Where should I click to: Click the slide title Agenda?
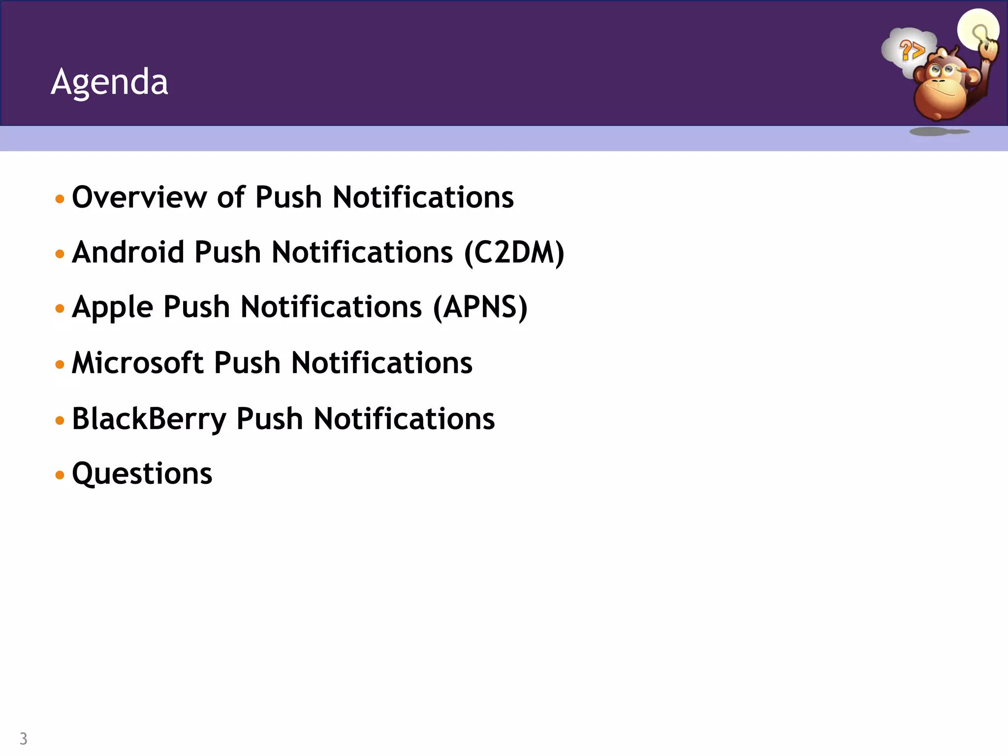coord(109,82)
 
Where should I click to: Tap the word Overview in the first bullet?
coord(139,197)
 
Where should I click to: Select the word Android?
coord(128,252)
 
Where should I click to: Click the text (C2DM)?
coord(514,253)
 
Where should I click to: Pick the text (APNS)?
coord(480,308)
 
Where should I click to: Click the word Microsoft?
coord(138,363)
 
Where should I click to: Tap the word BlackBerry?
coord(149,419)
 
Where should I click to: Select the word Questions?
coord(142,473)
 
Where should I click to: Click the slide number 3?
coord(23,738)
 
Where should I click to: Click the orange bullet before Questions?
coord(60,475)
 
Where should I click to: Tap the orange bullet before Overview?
coord(60,199)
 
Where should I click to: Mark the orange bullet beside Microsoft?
coord(60,365)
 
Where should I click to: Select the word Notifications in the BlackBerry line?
coord(404,419)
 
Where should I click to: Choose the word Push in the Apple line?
coord(196,308)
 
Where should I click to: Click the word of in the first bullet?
coord(231,197)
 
